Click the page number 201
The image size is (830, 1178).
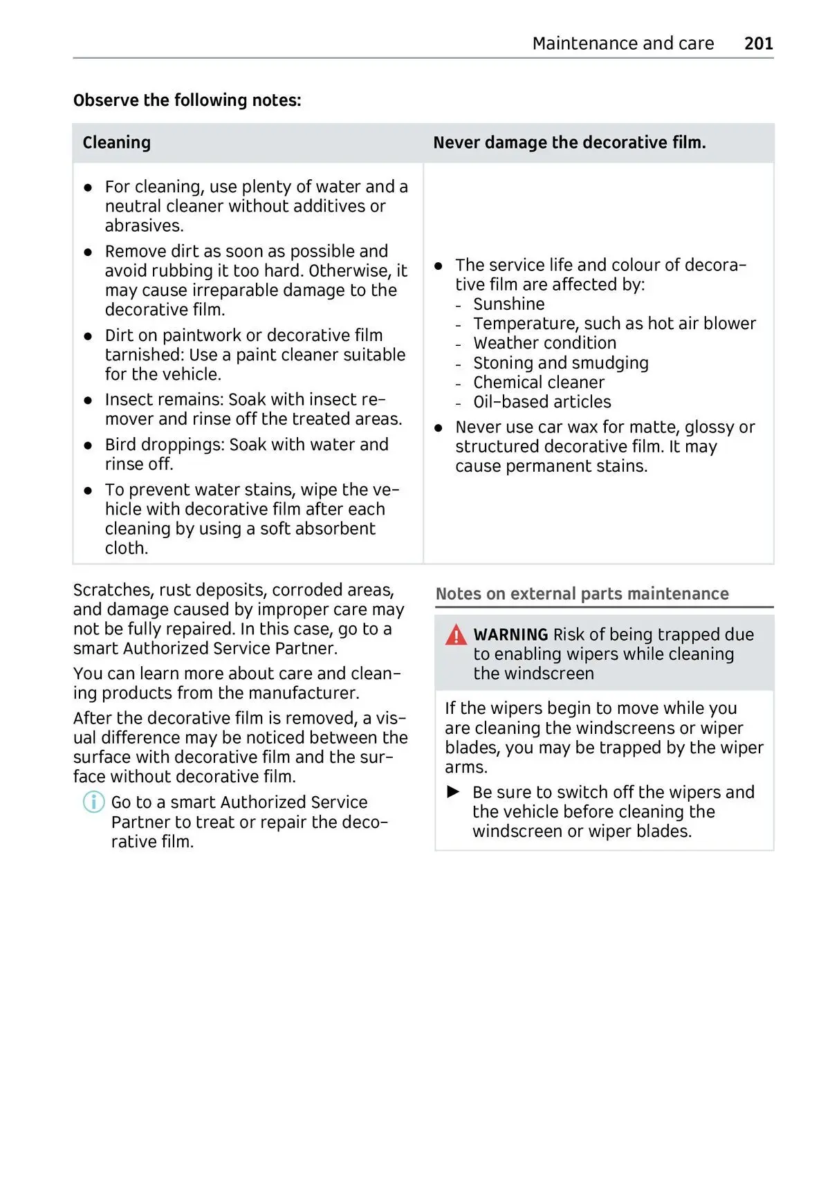coord(758,44)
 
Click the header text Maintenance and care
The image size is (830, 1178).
coord(622,44)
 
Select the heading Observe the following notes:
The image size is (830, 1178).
coord(187,100)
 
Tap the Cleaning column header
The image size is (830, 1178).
coord(116,142)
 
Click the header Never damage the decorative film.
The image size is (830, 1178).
coord(569,142)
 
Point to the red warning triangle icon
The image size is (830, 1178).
coord(456,635)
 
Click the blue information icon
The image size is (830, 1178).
coord(93,802)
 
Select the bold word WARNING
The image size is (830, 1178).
coord(510,635)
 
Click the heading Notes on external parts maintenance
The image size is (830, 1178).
coord(582,594)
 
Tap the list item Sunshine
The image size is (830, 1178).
coord(508,304)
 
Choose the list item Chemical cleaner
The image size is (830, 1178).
coord(538,383)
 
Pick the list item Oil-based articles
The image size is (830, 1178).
coord(542,402)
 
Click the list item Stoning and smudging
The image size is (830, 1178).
coord(560,363)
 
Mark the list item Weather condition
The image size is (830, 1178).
coord(544,343)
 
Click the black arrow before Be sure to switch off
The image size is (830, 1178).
coord(454,792)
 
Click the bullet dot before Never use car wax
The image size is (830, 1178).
coord(439,428)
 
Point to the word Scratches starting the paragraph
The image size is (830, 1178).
coord(112,590)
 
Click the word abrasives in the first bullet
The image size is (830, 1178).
coord(144,226)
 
